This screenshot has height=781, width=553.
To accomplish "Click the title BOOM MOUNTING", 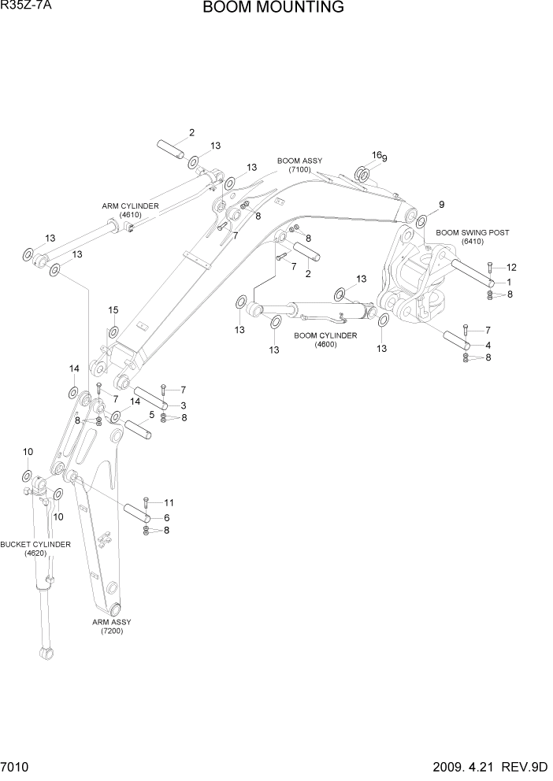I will [273, 9].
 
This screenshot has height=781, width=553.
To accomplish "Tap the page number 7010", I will [16, 767].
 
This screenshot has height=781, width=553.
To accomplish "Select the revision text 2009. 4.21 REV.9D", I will [490, 767].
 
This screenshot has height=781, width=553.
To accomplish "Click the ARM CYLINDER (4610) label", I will [130, 210].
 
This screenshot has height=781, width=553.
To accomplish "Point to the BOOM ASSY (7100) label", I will [299, 165].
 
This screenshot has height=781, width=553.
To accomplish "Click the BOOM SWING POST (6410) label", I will [473, 237].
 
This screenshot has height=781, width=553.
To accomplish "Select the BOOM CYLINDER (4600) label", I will [325, 339].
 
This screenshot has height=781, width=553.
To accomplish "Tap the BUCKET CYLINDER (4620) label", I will [35, 549].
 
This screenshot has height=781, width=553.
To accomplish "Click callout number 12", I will [510, 267].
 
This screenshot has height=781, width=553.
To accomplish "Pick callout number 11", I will [168, 502].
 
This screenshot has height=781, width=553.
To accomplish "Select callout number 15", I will [113, 309].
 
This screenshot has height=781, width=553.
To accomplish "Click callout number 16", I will [376, 155].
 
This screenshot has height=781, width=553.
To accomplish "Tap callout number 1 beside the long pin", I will [509, 282].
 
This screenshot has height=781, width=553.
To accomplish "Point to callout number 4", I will [488, 345].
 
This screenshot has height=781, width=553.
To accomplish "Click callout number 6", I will [167, 517].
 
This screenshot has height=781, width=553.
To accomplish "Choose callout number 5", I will [151, 415].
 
